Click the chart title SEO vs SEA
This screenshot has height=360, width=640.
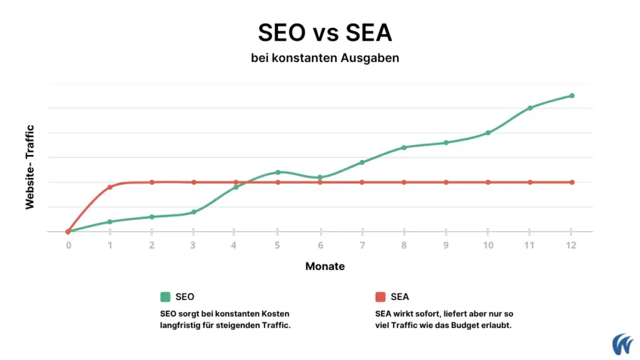point(325,33)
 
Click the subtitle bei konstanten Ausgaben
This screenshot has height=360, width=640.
point(325,58)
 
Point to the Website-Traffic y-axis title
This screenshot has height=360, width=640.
point(29,167)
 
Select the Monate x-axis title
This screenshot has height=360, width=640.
point(325,266)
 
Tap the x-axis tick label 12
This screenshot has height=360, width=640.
point(571,245)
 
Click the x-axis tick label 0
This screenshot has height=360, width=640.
point(68,245)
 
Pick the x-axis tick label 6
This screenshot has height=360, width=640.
point(320,245)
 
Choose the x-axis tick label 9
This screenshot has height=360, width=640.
point(446,245)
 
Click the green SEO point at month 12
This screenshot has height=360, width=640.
point(572,96)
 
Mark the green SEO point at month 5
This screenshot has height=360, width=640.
point(278,172)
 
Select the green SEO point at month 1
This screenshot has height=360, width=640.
point(110,222)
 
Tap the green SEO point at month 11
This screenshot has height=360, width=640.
point(530,108)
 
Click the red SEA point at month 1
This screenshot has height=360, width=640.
point(110,187)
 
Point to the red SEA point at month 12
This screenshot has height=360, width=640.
point(572,182)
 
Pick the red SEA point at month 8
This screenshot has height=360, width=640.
point(404,182)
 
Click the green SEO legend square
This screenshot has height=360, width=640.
point(165,297)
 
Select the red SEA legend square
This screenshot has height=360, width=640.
point(380,297)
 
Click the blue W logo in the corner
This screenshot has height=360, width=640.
point(622,344)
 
